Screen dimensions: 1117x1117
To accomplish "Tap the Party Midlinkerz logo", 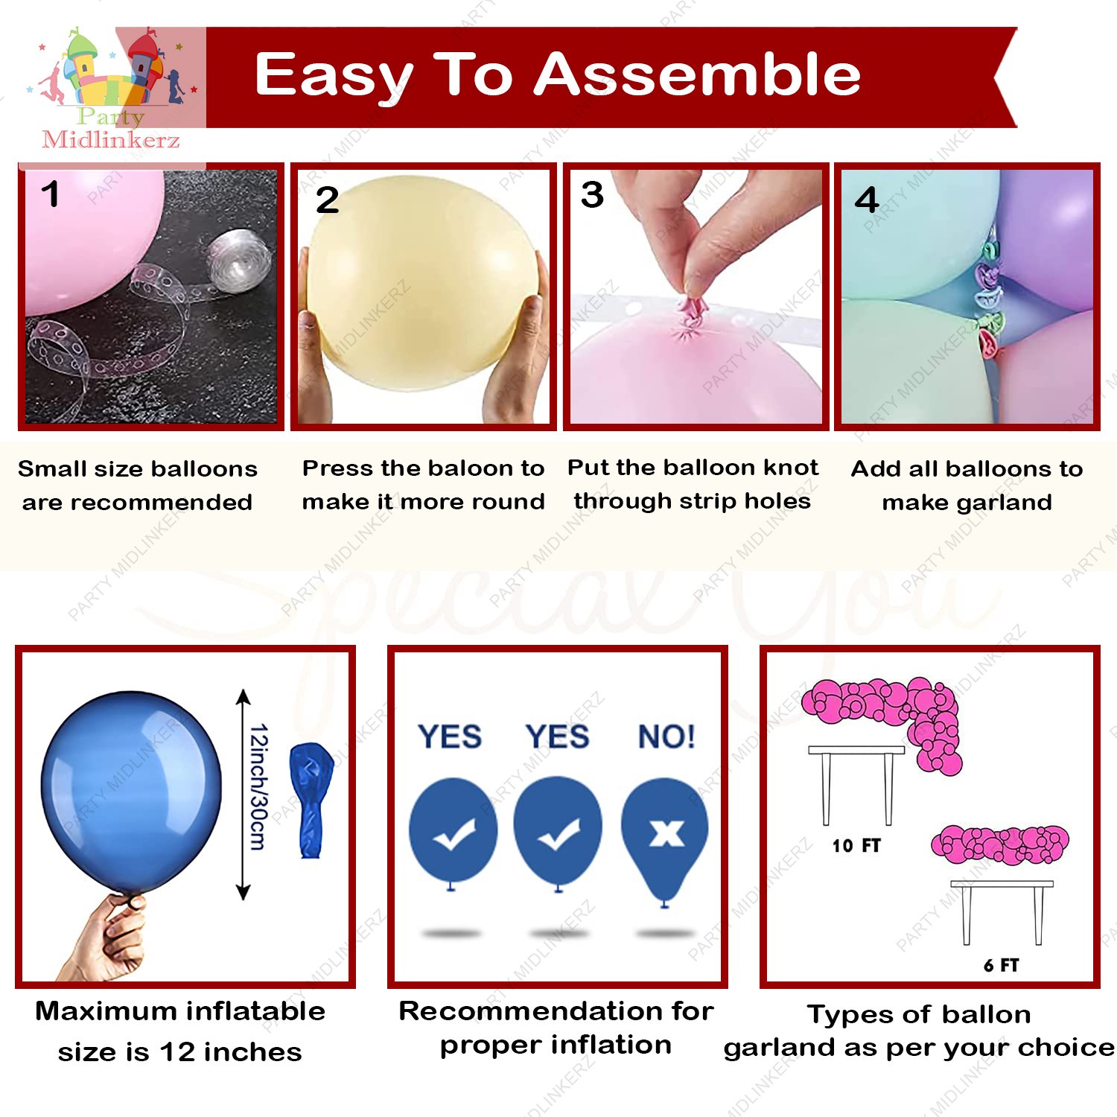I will [x=112, y=89].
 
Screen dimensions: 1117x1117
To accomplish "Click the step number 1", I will [x=50, y=194].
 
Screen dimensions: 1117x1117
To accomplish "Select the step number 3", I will [x=592, y=195].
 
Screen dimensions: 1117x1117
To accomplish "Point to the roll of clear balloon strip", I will [x=237, y=258].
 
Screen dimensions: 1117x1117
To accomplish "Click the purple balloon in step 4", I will [x=1050, y=231].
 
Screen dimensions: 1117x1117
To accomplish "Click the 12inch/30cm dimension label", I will [x=258, y=786].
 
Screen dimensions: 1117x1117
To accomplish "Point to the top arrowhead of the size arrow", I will [x=243, y=697].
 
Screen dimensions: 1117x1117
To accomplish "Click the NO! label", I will [x=666, y=736].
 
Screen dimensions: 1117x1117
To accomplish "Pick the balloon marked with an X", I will [x=665, y=834].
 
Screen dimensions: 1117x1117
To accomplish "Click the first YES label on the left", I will [x=450, y=736].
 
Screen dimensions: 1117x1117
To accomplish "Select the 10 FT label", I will [x=856, y=845].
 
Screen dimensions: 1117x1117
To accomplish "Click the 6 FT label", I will [x=1001, y=965].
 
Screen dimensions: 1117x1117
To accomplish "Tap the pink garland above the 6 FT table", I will [x=1000, y=844].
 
